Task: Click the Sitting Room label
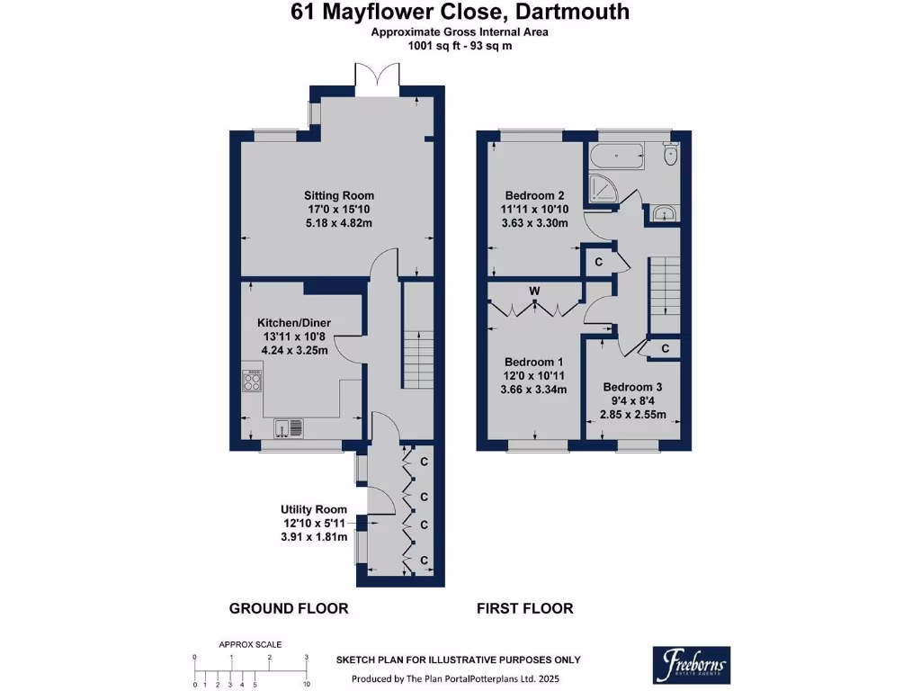click(x=339, y=195)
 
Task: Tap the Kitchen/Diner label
click(x=294, y=323)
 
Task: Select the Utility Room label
click(x=314, y=509)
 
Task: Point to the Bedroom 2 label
click(x=534, y=195)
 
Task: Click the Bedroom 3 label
click(x=632, y=387)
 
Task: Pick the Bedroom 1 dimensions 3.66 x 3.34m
click(x=533, y=389)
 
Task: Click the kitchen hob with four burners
click(x=253, y=381)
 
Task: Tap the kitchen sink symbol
click(x=289, y=427)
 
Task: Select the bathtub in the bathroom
click(x=617, y=157)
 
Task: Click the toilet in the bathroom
click(x=670, y=154)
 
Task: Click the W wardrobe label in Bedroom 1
click(x=534, y=291)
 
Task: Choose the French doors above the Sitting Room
click(x=377, y=79)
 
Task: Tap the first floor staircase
click(x=665, y=294)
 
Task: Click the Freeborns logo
click(x=692, y=665)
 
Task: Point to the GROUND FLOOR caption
click(x=289, y=609)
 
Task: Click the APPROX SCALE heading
click(x=250, y=644)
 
